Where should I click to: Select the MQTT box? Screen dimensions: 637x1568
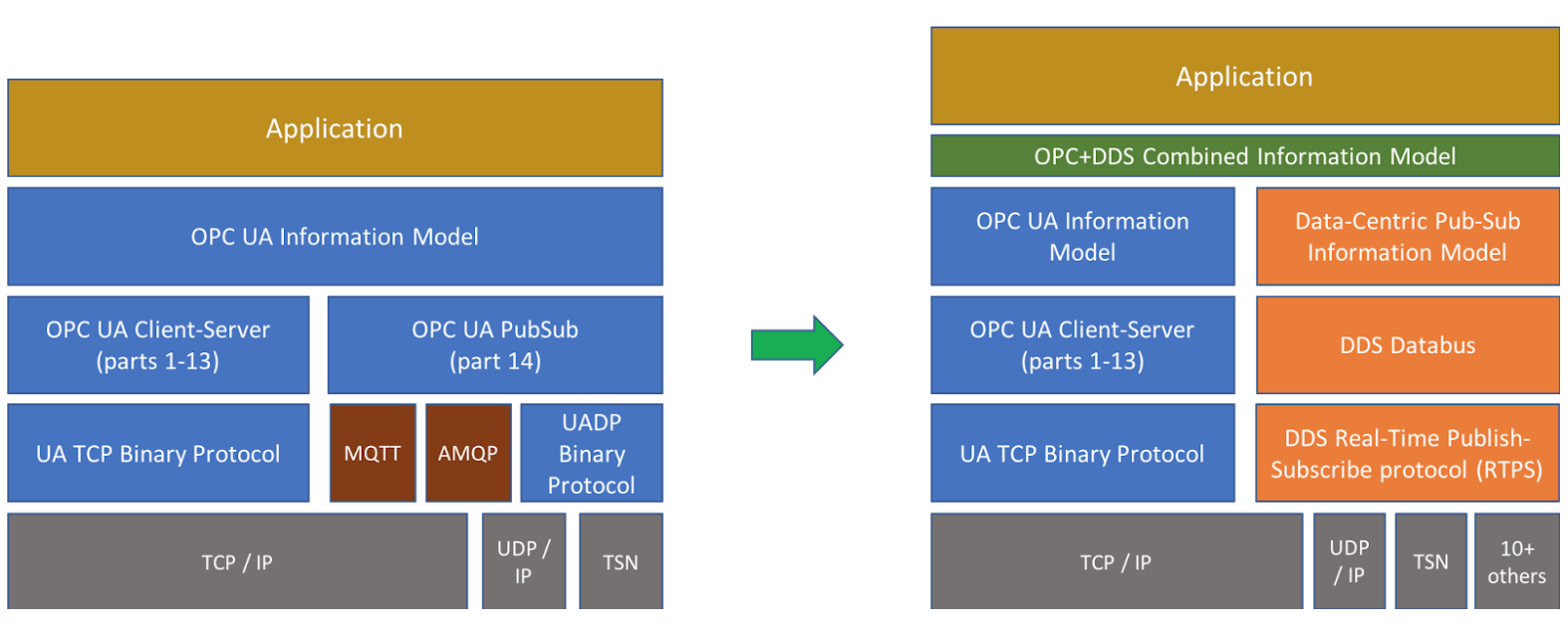373,453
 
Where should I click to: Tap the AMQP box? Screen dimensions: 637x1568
468,453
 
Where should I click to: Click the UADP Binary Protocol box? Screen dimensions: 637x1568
592,453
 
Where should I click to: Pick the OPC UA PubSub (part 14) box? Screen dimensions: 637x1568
495,344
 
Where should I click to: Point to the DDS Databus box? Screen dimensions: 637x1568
1408,344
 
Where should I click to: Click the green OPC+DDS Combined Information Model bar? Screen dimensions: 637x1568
1244,156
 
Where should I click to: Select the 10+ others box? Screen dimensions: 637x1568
1516,561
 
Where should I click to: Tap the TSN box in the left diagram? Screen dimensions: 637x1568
621,561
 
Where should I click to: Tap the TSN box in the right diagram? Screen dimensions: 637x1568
1431,561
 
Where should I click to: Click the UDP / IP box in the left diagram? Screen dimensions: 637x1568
524,561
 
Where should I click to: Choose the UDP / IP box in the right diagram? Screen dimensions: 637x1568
1349,561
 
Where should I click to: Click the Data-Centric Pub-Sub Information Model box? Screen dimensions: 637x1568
1408,237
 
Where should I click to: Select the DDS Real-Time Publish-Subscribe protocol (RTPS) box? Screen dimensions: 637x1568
1408,453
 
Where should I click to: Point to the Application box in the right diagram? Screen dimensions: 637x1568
1244,77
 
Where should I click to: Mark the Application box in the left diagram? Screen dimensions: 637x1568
335,128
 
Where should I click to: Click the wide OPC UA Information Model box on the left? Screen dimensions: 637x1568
335,237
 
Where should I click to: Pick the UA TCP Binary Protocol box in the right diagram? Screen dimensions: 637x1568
1082,453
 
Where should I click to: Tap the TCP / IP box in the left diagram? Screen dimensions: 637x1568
237,561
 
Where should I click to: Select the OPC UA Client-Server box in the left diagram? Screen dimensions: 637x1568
158,344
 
